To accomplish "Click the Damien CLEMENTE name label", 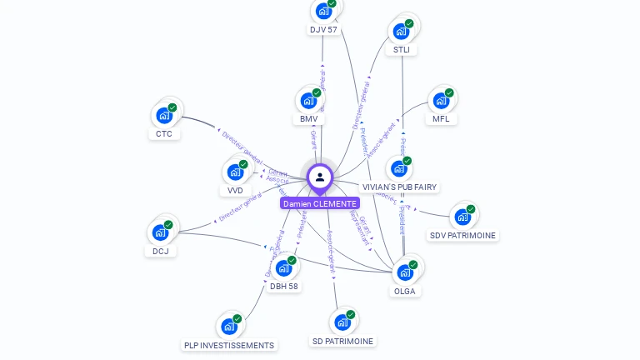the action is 320,203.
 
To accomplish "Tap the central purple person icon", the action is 320,177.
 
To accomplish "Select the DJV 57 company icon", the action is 322,12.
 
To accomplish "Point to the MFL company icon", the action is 440,102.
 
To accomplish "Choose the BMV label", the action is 309,119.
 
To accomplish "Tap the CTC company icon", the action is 163,116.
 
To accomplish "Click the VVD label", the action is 235,190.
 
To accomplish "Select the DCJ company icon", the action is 159,233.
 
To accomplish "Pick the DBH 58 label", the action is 284,286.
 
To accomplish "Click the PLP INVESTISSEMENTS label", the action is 229,345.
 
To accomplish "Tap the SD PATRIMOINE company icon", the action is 342,323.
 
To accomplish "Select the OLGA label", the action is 404,292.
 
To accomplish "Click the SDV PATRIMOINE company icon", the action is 462,217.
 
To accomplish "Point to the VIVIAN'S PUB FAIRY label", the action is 400,187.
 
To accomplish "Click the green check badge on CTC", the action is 172,107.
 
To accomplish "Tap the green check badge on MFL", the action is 449,93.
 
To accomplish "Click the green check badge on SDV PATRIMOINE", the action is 471,209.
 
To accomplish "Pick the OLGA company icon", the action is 404,272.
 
